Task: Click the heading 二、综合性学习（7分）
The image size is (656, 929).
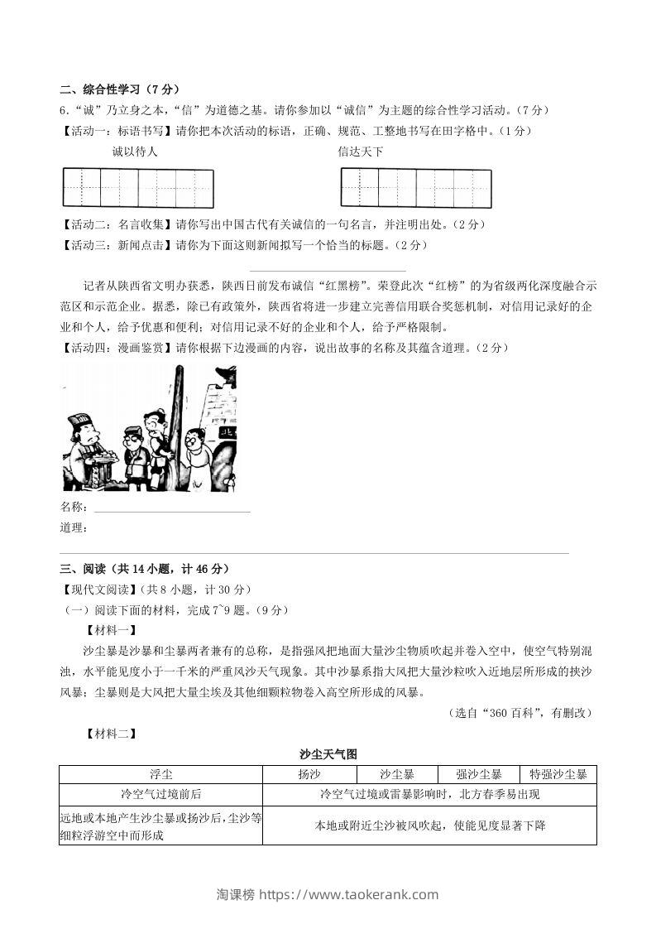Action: [x=120, y=89]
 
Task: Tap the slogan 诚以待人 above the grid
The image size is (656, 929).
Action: [x=134, y=152]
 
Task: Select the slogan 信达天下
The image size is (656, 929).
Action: [x=361, y=152]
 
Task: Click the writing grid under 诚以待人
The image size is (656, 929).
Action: [x=138, y=188]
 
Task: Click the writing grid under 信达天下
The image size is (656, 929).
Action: [x=415, y=188]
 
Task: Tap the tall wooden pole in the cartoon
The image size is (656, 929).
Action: [x=176, y=414]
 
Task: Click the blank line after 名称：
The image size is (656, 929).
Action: [x=171, y=508]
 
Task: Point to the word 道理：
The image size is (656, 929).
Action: [x=74, y=527]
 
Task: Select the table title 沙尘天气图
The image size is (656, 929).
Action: [x=328, y=754]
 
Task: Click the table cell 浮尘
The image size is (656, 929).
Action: [x=161, y=775]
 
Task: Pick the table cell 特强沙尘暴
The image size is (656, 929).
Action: [x=558, y=775]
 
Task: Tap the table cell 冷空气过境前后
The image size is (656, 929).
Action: [x=161, y=795]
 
